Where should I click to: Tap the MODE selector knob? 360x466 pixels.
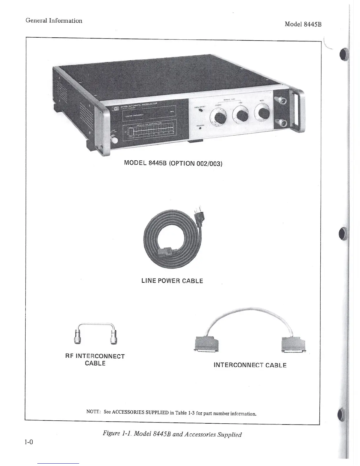tap(263, 112)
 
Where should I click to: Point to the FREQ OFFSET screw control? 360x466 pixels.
tap(201, 111)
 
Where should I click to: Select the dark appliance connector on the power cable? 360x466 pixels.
tap(165, 251)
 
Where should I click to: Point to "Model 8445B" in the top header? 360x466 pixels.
tap(303, 24)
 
